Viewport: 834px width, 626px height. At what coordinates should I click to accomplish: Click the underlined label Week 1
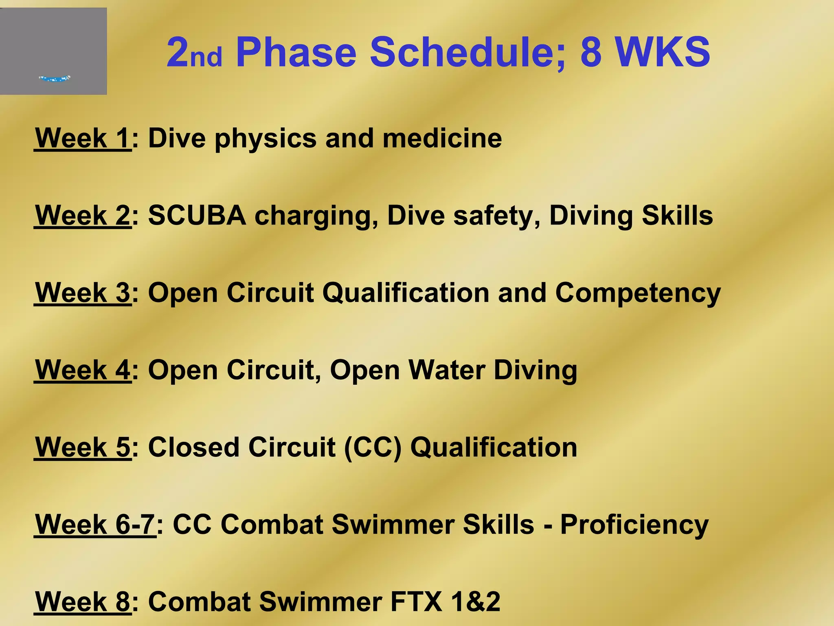pyautogui.click(x=83, y=139)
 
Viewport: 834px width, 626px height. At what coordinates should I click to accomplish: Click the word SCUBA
pyautogui.click(x=197, y=216)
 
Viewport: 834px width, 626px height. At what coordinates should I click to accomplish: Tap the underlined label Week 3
pyautogui.click(x=83, y=293)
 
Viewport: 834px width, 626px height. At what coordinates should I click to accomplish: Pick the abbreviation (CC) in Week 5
pyautogui.click(x=373, y=447)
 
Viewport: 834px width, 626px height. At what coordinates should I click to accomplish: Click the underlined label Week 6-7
pyautogui.click(x=95, y=525)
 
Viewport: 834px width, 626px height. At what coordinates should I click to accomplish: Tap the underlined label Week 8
pyautogui.click(x=83, y=602)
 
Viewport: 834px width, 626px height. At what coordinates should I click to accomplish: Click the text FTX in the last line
pyautogui.click(x=416, y=602)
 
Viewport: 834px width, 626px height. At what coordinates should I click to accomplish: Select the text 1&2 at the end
pyautogui.click(x=476, y=602)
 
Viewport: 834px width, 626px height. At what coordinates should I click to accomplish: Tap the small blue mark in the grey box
pyautogui.click(x=55, y=78)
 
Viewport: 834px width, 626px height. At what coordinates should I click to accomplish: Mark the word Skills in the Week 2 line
pyautogui.click(x=677, y=216)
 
